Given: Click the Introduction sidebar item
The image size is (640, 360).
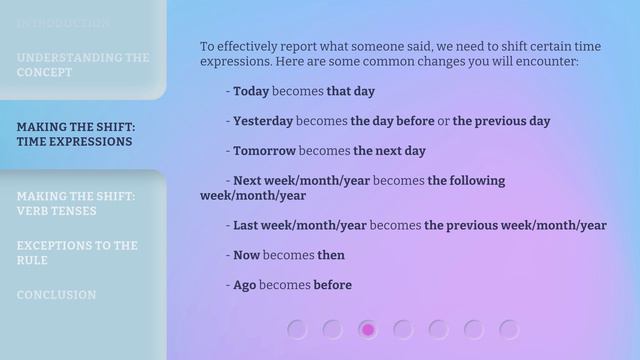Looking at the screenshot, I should coord(63,22).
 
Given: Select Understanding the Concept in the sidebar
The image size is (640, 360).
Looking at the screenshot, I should coord(82,65).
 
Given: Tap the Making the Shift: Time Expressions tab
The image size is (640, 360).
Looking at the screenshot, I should coord(76,134).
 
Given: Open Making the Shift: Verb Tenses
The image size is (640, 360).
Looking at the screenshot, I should coord(76,203).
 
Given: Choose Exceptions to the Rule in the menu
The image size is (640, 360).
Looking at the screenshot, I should coord(76,252).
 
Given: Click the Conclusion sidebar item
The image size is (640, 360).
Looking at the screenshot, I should coord(56,295).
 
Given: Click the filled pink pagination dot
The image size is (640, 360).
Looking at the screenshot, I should coord(368,329).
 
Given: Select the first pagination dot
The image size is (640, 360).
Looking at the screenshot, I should coord(297,329).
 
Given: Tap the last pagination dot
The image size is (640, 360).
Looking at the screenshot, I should coord(509,329).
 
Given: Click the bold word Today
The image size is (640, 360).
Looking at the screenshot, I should coord(251,91).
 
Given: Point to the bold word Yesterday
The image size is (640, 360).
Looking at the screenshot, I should coord(263,121).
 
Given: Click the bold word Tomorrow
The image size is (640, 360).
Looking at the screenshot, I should coord(264,151).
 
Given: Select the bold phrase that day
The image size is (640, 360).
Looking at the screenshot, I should coord(350,91).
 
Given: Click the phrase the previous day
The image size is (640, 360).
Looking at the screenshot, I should coord(501,121).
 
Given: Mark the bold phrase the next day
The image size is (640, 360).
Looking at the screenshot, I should coord(389,151).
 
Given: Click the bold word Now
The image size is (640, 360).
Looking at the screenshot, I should coord(246,255).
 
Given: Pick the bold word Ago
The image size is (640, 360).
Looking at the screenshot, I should coord(245,285).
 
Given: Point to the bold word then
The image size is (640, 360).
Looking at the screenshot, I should coord(331,255).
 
